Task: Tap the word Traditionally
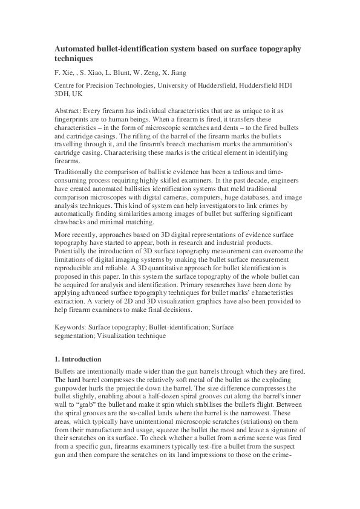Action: click(x=77, y=172)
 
